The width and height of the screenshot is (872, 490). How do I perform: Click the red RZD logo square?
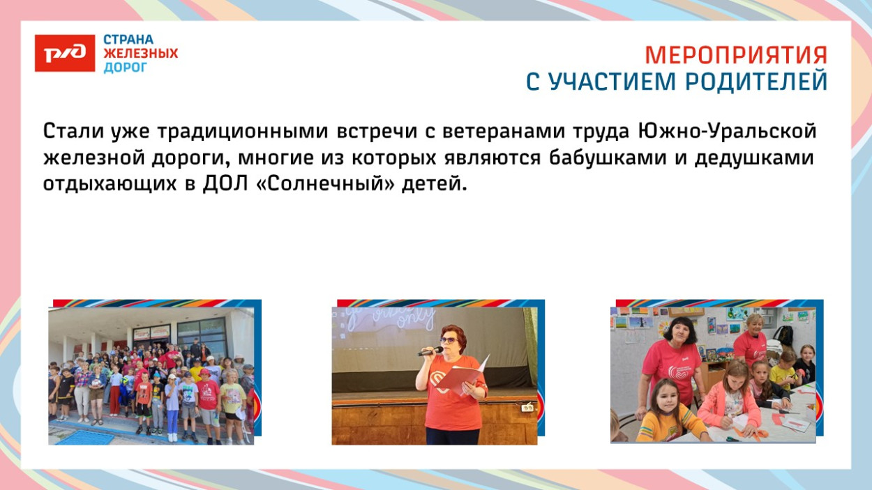coord(65,53)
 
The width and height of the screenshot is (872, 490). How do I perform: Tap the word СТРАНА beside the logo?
coord(128,40)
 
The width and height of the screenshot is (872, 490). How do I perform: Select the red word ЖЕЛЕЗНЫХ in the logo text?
coord(141,54)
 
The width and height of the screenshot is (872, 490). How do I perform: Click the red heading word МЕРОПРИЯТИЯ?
coord(736,55)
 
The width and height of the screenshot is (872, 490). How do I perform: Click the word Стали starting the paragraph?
coord(73,131)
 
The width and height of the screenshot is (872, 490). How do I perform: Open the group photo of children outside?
coord(151,376)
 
